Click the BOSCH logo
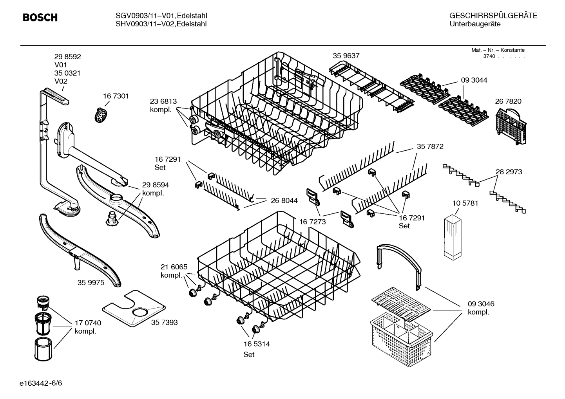pyautogui.click(x=40, y=18)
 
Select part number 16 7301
pyautogui.click(x=116, y=96)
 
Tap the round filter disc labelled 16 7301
pyautogui.click(x=101, y=115)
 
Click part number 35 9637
pyautogui.click(x=346, y=56)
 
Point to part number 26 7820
pyautogui.click(x=508, y=101)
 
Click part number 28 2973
pyautogui.click(x=509, y=172)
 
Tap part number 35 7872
pyautogui.click(x=430, y=147)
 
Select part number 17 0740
pyautogui.click(x=88, y=323)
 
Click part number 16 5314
pyautogui.click(x=256, y=344)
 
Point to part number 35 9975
pyautogui.click(x=91, y=282)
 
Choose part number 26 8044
pyautogui.click(x=284, y=200)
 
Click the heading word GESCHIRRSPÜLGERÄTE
pyautogui.click(x=493, y=16)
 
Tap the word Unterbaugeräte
pyautogui.click(x=474, y=24)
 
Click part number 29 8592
pyautogui.click(x=67, y=57)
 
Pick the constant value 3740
pyautogui.click(x=489, y=56)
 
